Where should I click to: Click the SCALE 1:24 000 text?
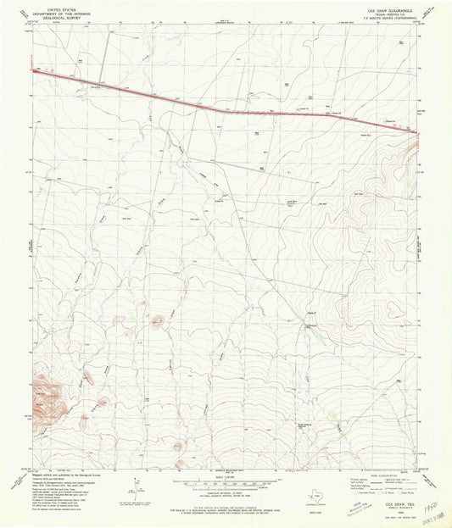225,476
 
